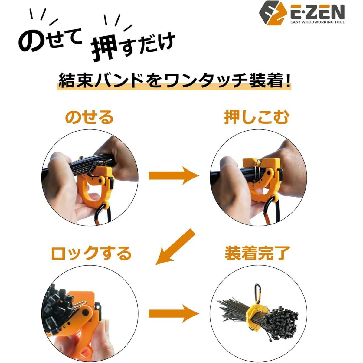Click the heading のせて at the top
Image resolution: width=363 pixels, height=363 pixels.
coord(50,41)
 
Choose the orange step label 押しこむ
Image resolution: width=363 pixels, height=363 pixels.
coord(257,118)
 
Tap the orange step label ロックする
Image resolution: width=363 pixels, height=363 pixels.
coord(91,253)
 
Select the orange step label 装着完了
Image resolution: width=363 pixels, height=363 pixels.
coord(257,253)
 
